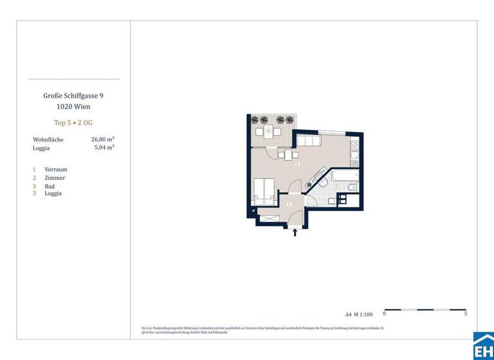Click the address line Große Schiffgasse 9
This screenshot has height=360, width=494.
pyautogui.click(x=73, y=95)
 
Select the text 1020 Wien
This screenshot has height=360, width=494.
pyautogui.click(x=73, y=106)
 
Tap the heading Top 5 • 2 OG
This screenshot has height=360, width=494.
pyautogui.click(x=73, y=122)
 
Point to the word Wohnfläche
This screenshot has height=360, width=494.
pyautogui.click(x=48, y=139)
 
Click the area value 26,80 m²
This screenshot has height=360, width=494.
pyautogui.click(x=103, y=139)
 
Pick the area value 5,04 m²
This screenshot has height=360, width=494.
pyautogui.click(x=104, y=147)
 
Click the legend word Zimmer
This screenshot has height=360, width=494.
pyautogui.click(x=55, y=177)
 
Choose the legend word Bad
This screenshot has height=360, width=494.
pyautogui.click(x=50, y=186)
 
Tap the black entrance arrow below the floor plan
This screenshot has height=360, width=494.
pyautogui.click(x=295, y=232)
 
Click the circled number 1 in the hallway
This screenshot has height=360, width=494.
pyautogui.click(x=289, y=204)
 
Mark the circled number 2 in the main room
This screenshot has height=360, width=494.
pyautogui.click(x=297, y=165)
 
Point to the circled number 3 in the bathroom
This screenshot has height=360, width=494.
pyautogui.click(x=336, y=187)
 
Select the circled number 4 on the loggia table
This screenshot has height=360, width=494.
pyautogui.click(x=268, y=131)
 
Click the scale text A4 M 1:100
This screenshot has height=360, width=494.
pyautogui.click(x=359, y=314)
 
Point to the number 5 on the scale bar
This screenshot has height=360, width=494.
pyautogui.click(x=465, y=314)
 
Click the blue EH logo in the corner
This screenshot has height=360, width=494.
pyautogui.click(x=483, y=347)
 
